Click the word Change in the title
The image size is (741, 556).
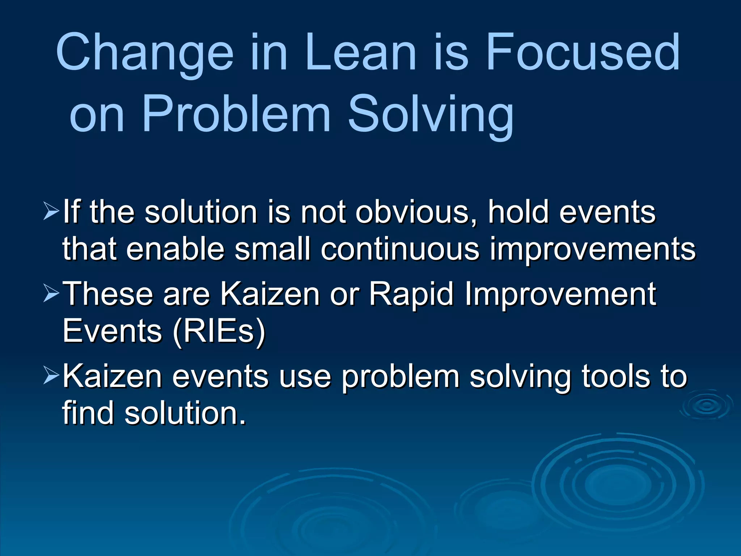pos(145,52)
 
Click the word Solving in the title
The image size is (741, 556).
pos(431,114)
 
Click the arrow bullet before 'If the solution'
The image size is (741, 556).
pos(50,212)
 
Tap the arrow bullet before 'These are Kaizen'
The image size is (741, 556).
pos(50,293)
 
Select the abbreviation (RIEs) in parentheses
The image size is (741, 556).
pos(219,331)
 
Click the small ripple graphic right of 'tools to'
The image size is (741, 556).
pos(706,405)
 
